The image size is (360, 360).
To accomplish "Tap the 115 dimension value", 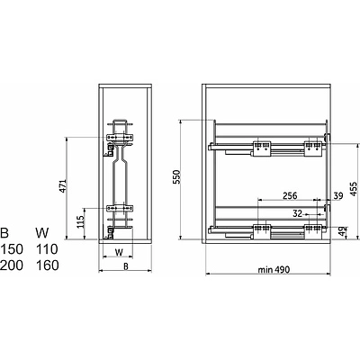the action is (x=80, y=222).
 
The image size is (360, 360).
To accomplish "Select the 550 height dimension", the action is (x=177, y=177).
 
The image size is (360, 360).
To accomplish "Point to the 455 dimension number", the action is (x=354, y=189).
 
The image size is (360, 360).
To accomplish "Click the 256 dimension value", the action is (x=290, y=195).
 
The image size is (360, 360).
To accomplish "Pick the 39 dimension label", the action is (x=338, y=196).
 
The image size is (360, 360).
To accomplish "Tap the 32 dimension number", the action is (x=297, y=213).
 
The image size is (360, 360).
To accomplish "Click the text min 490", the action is (x=274, y=270).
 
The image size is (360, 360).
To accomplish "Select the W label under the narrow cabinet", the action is (x=119, y=253).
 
